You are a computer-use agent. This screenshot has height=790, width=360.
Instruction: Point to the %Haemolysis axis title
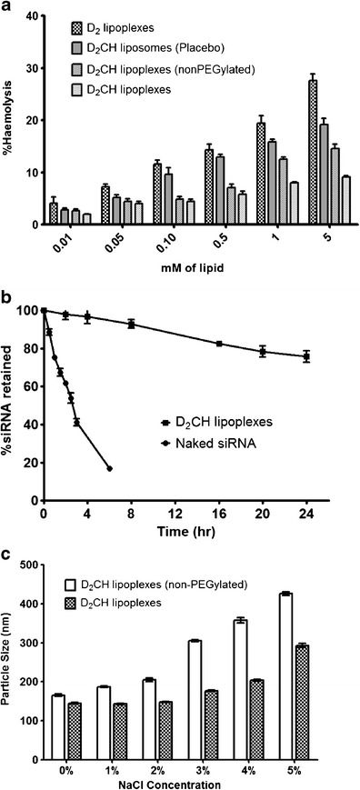coord(11,119)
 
